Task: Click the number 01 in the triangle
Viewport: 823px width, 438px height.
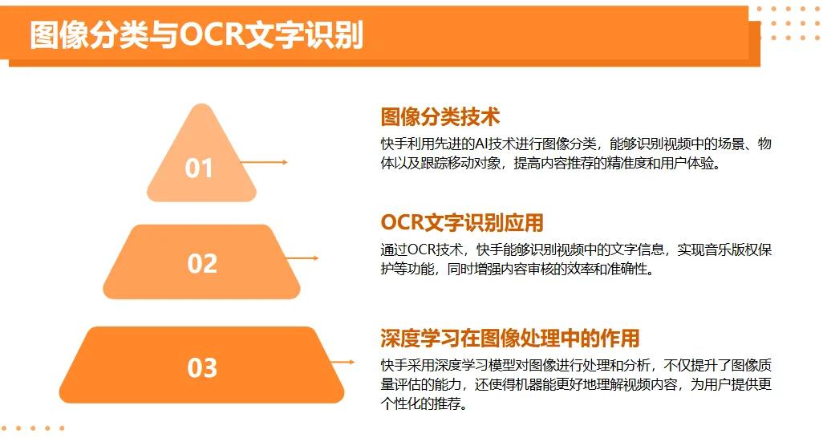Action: [199, 168]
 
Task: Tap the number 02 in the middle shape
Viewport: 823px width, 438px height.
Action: [202, 263]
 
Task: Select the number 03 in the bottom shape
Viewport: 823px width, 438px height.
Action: [202, 367]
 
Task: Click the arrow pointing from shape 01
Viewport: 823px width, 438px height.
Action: [264, 162]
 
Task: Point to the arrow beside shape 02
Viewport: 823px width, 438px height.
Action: [302, 258]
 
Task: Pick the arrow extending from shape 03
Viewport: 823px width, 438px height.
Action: [343, 362]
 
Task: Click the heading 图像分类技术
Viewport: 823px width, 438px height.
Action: [440, 116]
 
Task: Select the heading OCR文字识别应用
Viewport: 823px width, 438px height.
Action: [462, 222]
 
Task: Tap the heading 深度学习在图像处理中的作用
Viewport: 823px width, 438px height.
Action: [510, 339]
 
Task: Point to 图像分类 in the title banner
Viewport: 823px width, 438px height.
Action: [89, 35]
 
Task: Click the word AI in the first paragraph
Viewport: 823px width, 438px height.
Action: [481, 144]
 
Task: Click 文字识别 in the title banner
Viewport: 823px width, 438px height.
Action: [305, 35]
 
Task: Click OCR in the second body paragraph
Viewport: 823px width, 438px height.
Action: [421, 249]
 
